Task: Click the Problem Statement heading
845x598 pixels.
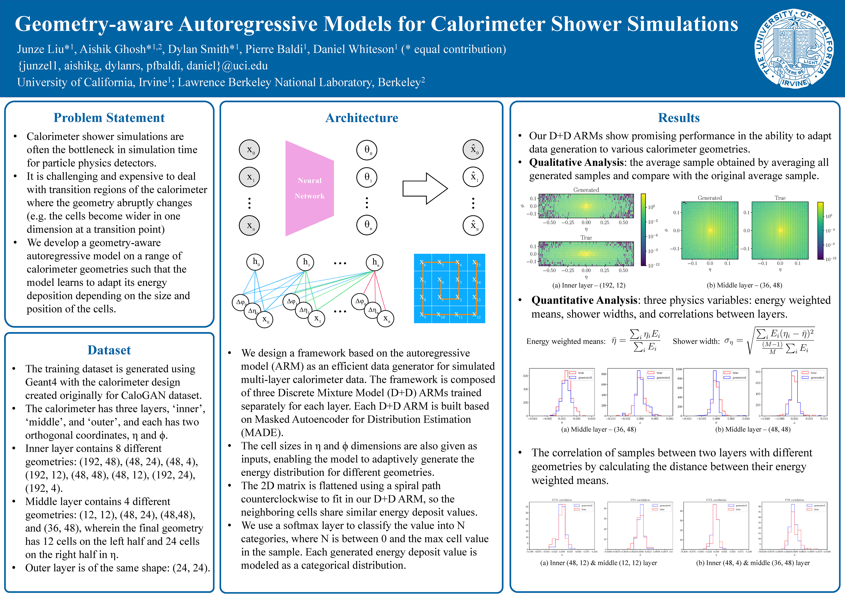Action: pyautogui.click(x=109, y=118)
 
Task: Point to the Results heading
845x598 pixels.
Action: pyautogui.click(x=679, y=118)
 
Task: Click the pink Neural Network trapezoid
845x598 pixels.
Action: pyautogui.click(x=309, y=188)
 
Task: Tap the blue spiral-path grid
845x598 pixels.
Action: pyautogui.click(x=449, y=288)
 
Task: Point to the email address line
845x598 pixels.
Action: pyautogui.click(x=143, y=66)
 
